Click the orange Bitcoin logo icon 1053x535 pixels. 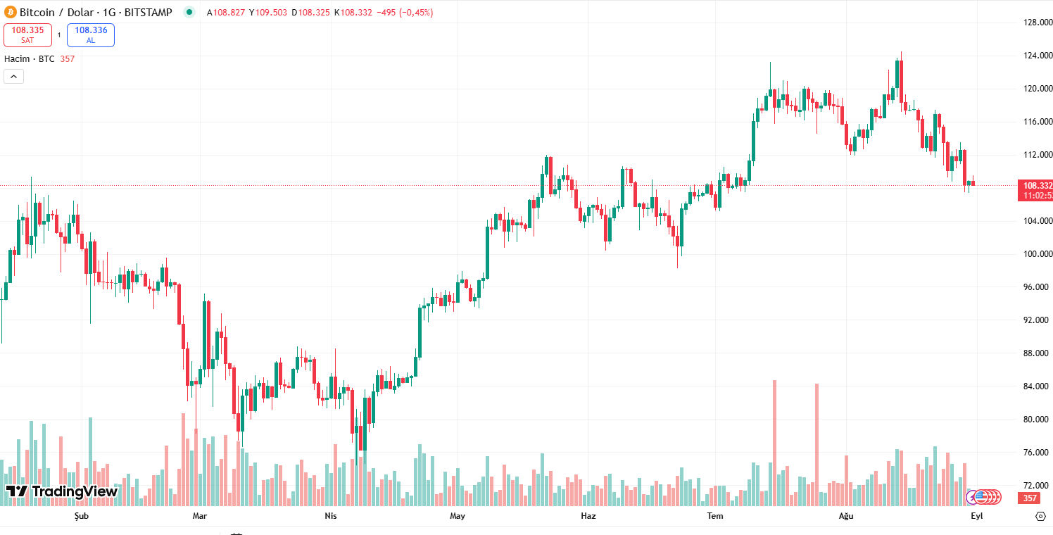pos(11,12)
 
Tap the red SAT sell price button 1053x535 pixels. pos(27,34)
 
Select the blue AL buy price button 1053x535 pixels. pos(91,34)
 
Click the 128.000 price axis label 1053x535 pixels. pos(1038,23)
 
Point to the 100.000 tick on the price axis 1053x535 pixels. pos(1038,254)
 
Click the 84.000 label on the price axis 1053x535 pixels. pos(1038,386)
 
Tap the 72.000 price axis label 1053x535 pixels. pos(1038,486)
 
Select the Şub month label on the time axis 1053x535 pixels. pos(82,516)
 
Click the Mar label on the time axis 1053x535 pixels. pos(200,516)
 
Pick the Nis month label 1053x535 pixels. pos(330,516)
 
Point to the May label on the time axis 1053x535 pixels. pos(458,516)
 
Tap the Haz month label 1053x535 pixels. pos(588,516)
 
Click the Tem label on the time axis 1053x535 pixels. pos(715,516)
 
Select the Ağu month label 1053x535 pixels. pos(846,516)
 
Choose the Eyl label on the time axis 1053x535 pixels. pos(976,516)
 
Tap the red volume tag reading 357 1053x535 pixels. pos(1030,498)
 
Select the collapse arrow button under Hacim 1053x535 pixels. pos(14,77)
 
